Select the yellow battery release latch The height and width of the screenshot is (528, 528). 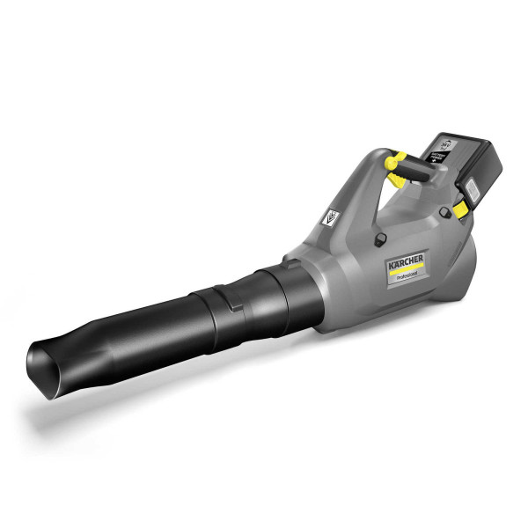(x=459, y=209)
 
